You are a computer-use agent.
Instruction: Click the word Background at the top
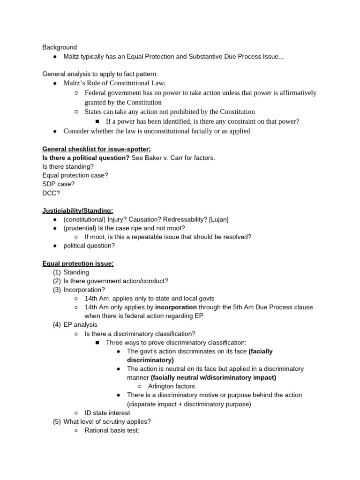point(60,47)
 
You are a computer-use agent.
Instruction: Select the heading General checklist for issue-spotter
point(97,149)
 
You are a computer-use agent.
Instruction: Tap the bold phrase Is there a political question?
point(86,157)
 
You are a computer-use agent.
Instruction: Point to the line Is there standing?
point(68,166)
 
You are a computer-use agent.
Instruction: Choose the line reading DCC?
point(51,193)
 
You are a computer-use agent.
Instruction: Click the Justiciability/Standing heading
point(78,210)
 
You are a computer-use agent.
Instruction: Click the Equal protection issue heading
point(78,263)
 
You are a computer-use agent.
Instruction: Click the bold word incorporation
point(176,307)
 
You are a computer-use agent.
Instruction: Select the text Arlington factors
point(171,386)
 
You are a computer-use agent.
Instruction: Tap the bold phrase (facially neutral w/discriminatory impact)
point(213,377)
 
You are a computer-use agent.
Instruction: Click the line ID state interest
point(107,412)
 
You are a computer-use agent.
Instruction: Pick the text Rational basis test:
point(112,430)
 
